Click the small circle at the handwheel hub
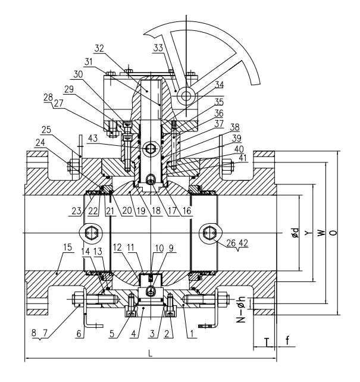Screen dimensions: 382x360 (186, 95)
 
